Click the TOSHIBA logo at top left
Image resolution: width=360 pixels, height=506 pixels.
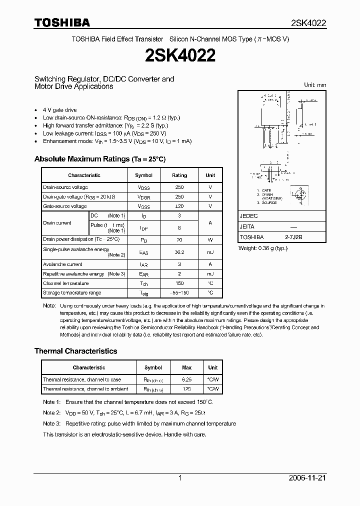62,22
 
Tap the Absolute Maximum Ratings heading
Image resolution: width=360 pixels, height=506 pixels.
99,159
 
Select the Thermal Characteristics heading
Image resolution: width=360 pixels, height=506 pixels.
75,351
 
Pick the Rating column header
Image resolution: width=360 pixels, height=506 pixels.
179,175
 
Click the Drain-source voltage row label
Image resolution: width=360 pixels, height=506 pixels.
65,187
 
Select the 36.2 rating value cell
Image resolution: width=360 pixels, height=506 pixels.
179,252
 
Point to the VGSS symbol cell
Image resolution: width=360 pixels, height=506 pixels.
144,206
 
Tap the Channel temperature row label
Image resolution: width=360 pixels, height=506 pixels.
66,283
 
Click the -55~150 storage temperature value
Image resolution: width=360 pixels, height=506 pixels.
179,293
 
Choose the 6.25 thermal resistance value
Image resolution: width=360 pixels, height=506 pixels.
186,380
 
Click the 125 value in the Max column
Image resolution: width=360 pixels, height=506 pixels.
186,389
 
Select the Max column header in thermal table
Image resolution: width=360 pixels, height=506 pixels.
186,367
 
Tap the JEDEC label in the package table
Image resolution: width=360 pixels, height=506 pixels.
249,216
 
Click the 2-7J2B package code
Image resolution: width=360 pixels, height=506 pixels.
294,237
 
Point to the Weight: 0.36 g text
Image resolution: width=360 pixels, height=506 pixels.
263,248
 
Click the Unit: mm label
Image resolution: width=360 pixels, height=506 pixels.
315,85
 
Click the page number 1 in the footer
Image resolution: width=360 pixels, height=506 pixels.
180,478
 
